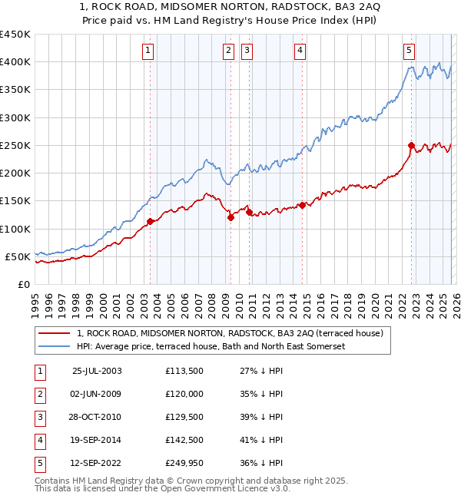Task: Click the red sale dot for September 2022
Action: click(x=411, y=145)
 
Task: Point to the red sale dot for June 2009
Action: click(x=230, y=217)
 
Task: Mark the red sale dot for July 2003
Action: click(x=151, y=221)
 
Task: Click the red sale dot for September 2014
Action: click(x=303, y=205)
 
